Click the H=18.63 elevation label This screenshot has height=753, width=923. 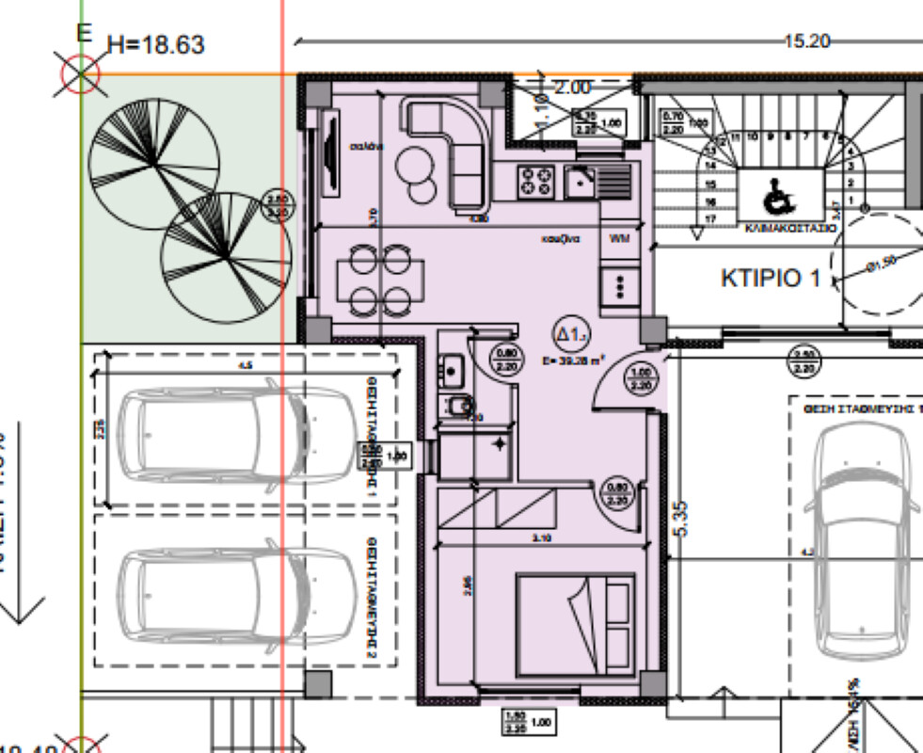[156, 44]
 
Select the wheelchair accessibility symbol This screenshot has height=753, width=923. [777, 197]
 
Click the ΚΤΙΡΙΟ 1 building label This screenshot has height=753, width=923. [771, 279]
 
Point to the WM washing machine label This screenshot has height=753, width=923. [619, 238]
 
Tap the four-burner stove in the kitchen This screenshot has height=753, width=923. [537, 180]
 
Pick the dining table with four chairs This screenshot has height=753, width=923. [380, 279]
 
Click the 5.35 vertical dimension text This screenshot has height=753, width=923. [681, 518]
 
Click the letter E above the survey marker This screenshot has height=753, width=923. [84, 32]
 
